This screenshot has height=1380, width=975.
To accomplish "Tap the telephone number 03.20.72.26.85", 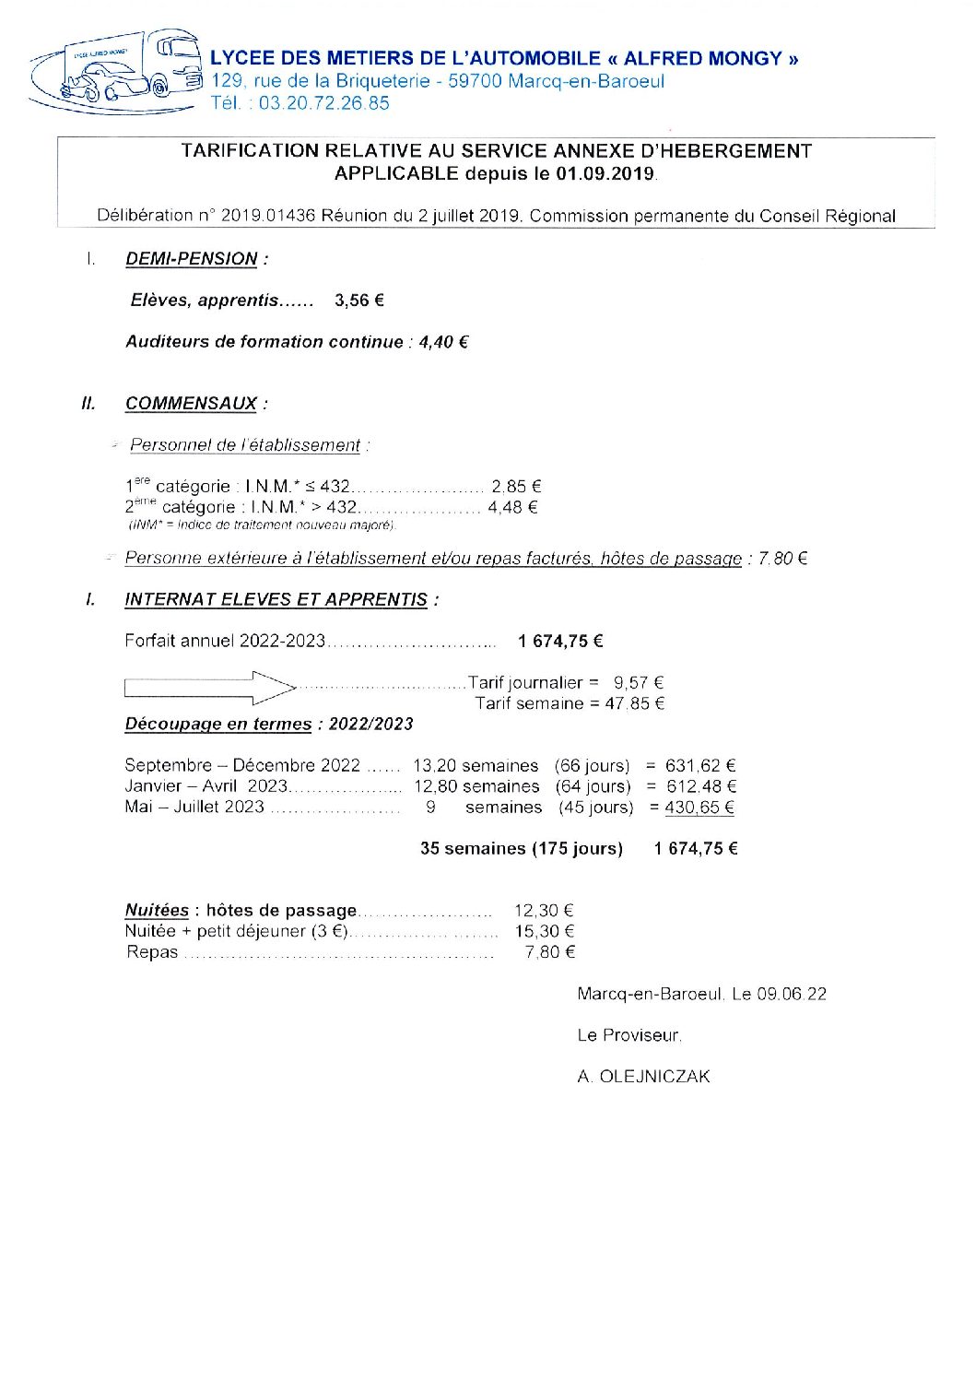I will coord(323,103).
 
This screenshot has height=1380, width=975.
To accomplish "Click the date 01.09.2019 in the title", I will coord(605,173).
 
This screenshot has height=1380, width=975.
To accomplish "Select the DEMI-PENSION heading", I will coord(191,259).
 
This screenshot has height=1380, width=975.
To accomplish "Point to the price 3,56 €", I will coord(359,301).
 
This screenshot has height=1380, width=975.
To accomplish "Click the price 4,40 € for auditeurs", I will coord(443,342).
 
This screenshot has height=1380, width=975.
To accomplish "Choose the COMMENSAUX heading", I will coord(191,404).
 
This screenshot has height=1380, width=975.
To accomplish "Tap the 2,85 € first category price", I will coord(516,486).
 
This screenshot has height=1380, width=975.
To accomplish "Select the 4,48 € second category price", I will coord(512,507).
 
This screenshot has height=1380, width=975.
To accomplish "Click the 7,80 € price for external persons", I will coord(782,559).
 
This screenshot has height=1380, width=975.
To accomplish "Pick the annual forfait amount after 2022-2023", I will coord(560,641).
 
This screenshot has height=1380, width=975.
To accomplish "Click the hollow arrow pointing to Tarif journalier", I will coord(209,687).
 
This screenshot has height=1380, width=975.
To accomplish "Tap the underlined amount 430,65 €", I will coord(699,808).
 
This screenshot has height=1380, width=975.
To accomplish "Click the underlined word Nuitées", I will coord(157,911).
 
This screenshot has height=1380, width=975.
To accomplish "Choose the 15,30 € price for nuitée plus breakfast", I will coord(544,932).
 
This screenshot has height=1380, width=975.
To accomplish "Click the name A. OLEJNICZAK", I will coord(643,1077).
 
